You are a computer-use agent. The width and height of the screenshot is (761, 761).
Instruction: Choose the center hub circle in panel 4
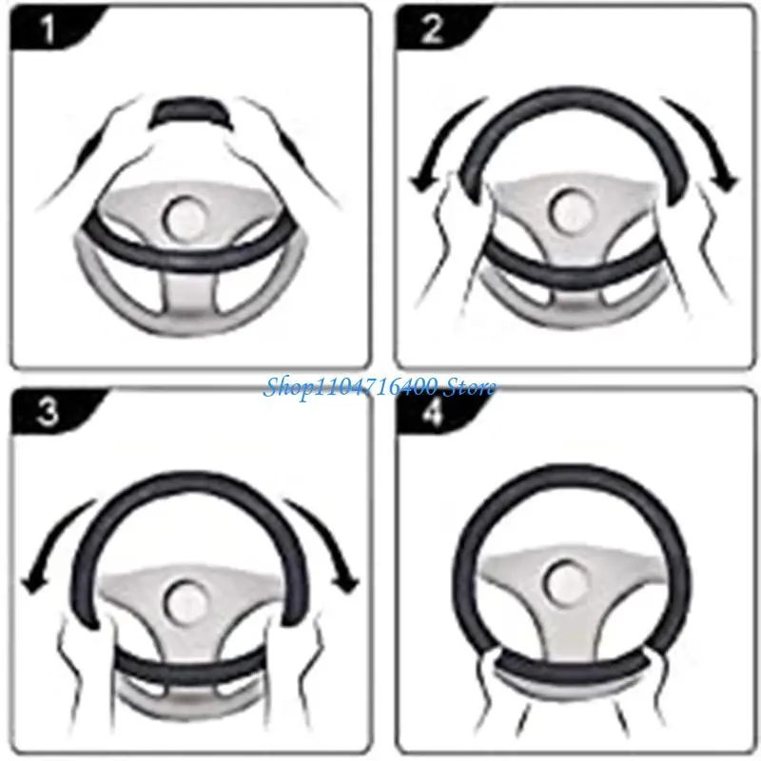pyautogui.click(x=571, y=580)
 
